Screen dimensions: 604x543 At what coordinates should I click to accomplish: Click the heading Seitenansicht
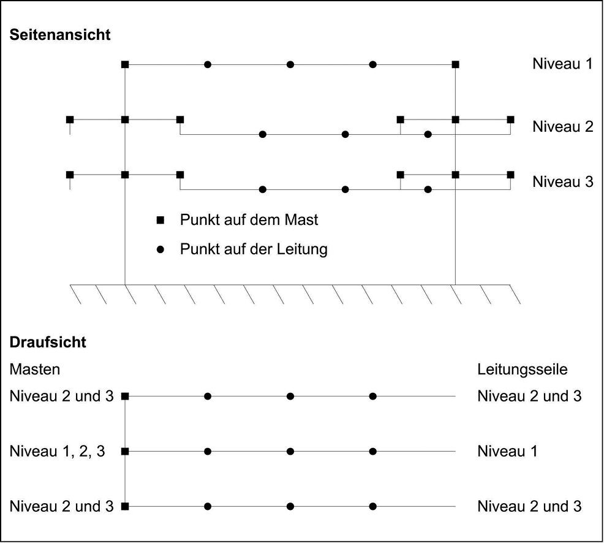click(59, 35)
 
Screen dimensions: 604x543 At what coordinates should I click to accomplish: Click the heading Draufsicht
click(48, 342)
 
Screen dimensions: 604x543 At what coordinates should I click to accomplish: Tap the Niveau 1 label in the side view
click(562, 64)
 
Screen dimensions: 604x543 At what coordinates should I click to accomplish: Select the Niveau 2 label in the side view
click(562, 126)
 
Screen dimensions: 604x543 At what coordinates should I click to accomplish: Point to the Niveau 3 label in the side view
click(562, 181)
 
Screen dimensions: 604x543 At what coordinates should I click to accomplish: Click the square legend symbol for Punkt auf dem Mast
click(160, 220)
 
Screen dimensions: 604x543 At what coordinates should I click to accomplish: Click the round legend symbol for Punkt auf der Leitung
click(160, 249)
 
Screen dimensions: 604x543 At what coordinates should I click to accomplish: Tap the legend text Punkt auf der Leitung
click(254, 249)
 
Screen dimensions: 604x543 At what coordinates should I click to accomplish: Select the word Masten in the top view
click(35, 369)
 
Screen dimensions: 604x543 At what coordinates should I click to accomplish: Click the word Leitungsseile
click(523, 369)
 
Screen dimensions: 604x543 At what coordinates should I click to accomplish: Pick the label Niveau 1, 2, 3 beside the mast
click(57, 451)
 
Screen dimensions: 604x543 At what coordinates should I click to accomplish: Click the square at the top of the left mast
click(125, 64)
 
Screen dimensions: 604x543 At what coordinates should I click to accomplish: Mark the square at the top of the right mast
click(455, 64)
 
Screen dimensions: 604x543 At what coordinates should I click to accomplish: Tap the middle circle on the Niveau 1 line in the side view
click(290, 64)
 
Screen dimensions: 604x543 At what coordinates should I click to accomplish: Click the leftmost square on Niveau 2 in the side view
click(70, 120)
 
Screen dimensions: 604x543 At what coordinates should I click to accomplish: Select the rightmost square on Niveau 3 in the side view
click(510, 175)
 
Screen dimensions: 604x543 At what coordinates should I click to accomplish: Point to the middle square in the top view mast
click(125, 451)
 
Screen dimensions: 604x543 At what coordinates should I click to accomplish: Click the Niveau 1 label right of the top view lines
click(507, 451)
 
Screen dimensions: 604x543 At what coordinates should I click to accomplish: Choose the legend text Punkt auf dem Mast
click(249, 220)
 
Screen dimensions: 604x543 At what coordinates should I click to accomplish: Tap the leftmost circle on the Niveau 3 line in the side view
click(263, 189)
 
